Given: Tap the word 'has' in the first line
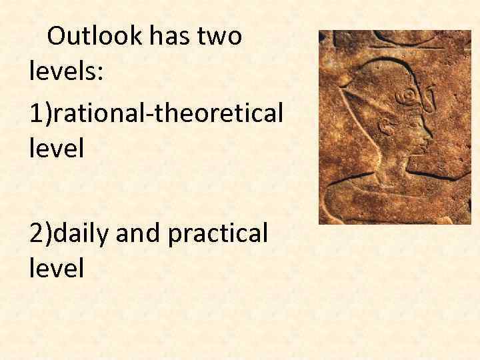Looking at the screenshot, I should click(x=165, y=36).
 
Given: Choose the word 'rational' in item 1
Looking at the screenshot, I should click(x=99, y=113).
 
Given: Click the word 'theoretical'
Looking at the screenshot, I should click(x=220, y=113).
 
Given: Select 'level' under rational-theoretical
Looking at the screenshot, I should click(x=57, y=147).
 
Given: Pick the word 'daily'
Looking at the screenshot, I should click(x=83, y=235).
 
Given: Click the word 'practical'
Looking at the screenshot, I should click(x=221, y=235).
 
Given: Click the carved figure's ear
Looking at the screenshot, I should click(x=385, y=125).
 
